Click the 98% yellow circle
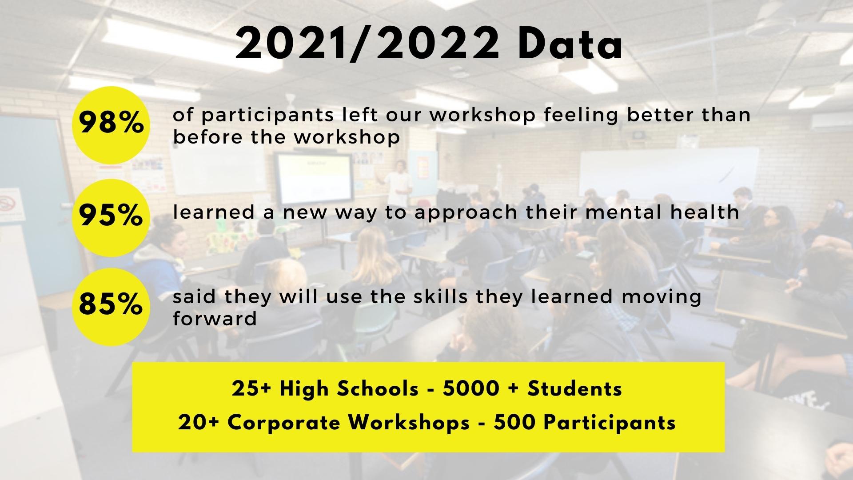pos(111,125)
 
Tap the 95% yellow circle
pos(111,217)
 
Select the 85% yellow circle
pos(111,307)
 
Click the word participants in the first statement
pos(267,116)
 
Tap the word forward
pos(215,319)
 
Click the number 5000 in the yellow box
pos(471,389)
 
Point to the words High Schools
pos(349,389)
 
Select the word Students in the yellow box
pos(574,389)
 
